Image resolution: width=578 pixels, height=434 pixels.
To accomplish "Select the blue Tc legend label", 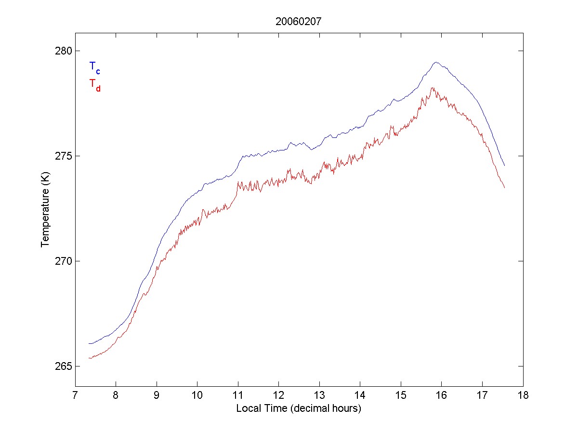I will [94, 68].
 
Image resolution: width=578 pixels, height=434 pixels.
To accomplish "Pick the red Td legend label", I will [94, 84].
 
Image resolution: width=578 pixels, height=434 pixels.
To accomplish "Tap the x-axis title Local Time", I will [299, 408].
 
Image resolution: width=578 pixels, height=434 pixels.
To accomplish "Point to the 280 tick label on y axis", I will [62, 51].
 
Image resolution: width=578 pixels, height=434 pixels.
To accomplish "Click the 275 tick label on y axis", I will [62, 156].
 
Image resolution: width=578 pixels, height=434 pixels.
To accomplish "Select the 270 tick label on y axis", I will [62, 261].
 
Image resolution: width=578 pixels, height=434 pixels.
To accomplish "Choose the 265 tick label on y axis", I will [62, 366].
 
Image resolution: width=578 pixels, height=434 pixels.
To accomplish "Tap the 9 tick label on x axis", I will [157, 396].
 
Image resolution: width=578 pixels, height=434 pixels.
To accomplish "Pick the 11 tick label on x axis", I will [238, 396].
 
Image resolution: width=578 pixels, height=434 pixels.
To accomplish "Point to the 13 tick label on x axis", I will [319, 396].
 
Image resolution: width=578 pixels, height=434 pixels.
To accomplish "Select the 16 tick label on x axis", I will [442, 396].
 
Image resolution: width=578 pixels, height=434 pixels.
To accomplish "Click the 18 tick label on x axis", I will [523, 396].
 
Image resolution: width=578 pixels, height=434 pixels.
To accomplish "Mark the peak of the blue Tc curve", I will [436, 62].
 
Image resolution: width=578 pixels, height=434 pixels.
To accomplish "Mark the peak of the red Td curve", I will [433, 88].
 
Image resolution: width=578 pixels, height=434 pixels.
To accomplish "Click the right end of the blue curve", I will [504, 165].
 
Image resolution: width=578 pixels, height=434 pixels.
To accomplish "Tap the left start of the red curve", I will [89, 358].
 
